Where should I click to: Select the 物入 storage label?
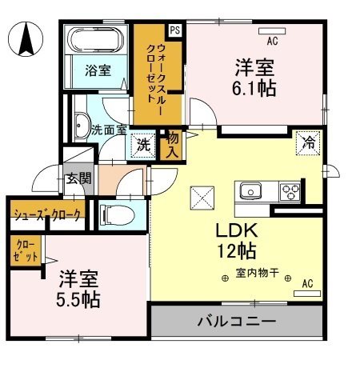pyautogui.click(x=170, y=145)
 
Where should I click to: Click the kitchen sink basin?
pyautogui.click(x=248, y=192)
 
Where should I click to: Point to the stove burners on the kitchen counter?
pyautogui.click(x=289, y=192)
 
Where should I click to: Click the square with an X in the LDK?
pyautogui.click(x=200, y=196)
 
